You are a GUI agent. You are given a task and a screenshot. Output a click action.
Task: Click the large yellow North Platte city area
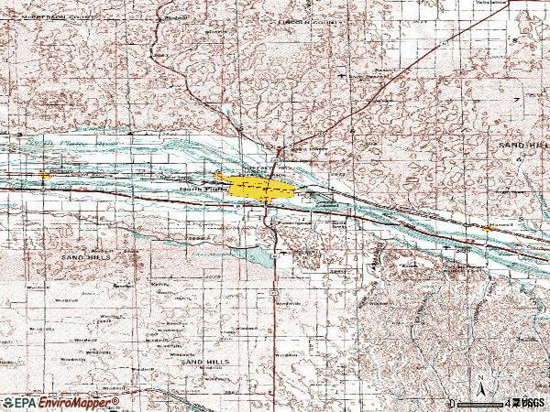pyautogui.click(x=260, y=190)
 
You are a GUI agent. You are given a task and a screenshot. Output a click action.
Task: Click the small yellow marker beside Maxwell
pyautogui.click(x=485, y=226)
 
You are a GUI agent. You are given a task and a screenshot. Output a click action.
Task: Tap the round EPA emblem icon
pyautogui.click(x=7, y=402)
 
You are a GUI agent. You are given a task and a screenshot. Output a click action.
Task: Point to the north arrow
pyautogui.click(x=481, y=385)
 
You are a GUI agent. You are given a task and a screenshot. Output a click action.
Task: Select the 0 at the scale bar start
pyautogui.click(x=452, y=403)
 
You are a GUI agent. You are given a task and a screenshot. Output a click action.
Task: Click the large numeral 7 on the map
pyautogui.click(x=516, y=98)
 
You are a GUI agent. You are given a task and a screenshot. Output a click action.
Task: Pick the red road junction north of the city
pyautogui.click(x=280, y=149)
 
